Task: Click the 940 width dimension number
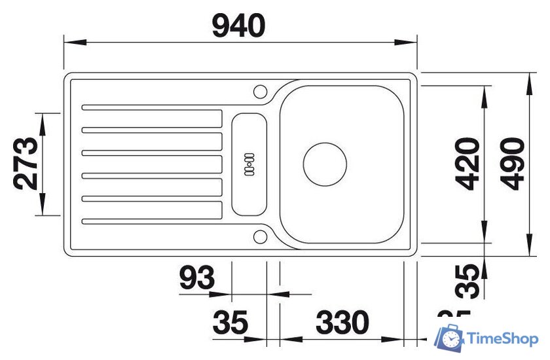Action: click(240, 26)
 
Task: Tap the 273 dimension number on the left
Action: click(27, 164)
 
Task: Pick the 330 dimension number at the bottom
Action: click(342, 323)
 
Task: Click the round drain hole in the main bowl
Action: click(324, 164)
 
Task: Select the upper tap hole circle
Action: click(260, 90)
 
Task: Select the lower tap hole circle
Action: click(260, 236)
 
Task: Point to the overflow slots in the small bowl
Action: click(249, 164)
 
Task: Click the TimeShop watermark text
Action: click(504, 338)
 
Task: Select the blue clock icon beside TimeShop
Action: click(450, 338)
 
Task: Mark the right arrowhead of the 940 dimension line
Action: click(410, 43)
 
